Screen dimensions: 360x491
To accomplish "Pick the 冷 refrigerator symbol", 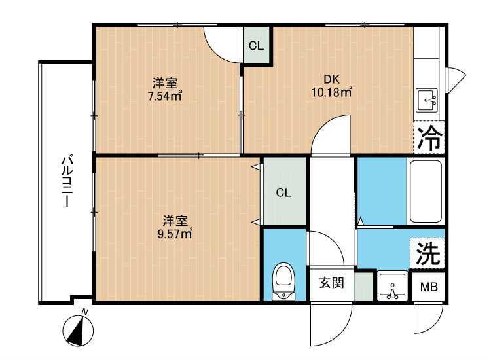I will click(429, 138).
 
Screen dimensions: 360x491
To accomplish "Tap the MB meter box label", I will click(429, 287).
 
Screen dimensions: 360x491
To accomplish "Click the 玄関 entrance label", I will click(331, 283).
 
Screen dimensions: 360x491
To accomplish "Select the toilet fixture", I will click(283, 280).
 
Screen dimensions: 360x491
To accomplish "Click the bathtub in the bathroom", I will click(426, 190).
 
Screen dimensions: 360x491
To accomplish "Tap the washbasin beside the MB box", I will click(393, 287).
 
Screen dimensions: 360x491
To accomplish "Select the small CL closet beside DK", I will click(257, 46).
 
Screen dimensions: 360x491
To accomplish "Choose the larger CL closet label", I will click(283, 192).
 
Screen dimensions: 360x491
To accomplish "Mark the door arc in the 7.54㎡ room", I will click(221, 43).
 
